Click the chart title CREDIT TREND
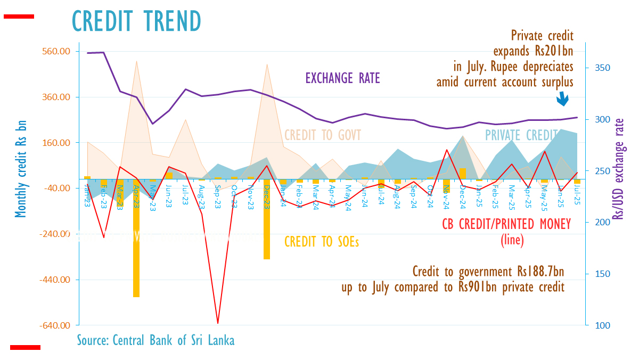tap(136, 21)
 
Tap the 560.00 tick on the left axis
tap(56, 52)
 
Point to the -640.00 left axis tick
tap(56, 325)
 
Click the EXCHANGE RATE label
tap(342, 78)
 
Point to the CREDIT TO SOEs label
tap(322, 242)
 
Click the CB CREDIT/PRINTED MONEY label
tap(506, 224)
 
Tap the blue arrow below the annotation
tap(562, 99)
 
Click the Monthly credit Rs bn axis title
tap(20, 169)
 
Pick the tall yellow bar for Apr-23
tap(136, 240)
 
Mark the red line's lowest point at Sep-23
tap(218, 322)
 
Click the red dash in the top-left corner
tap(19, 17)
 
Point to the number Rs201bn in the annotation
tap(553, 52)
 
